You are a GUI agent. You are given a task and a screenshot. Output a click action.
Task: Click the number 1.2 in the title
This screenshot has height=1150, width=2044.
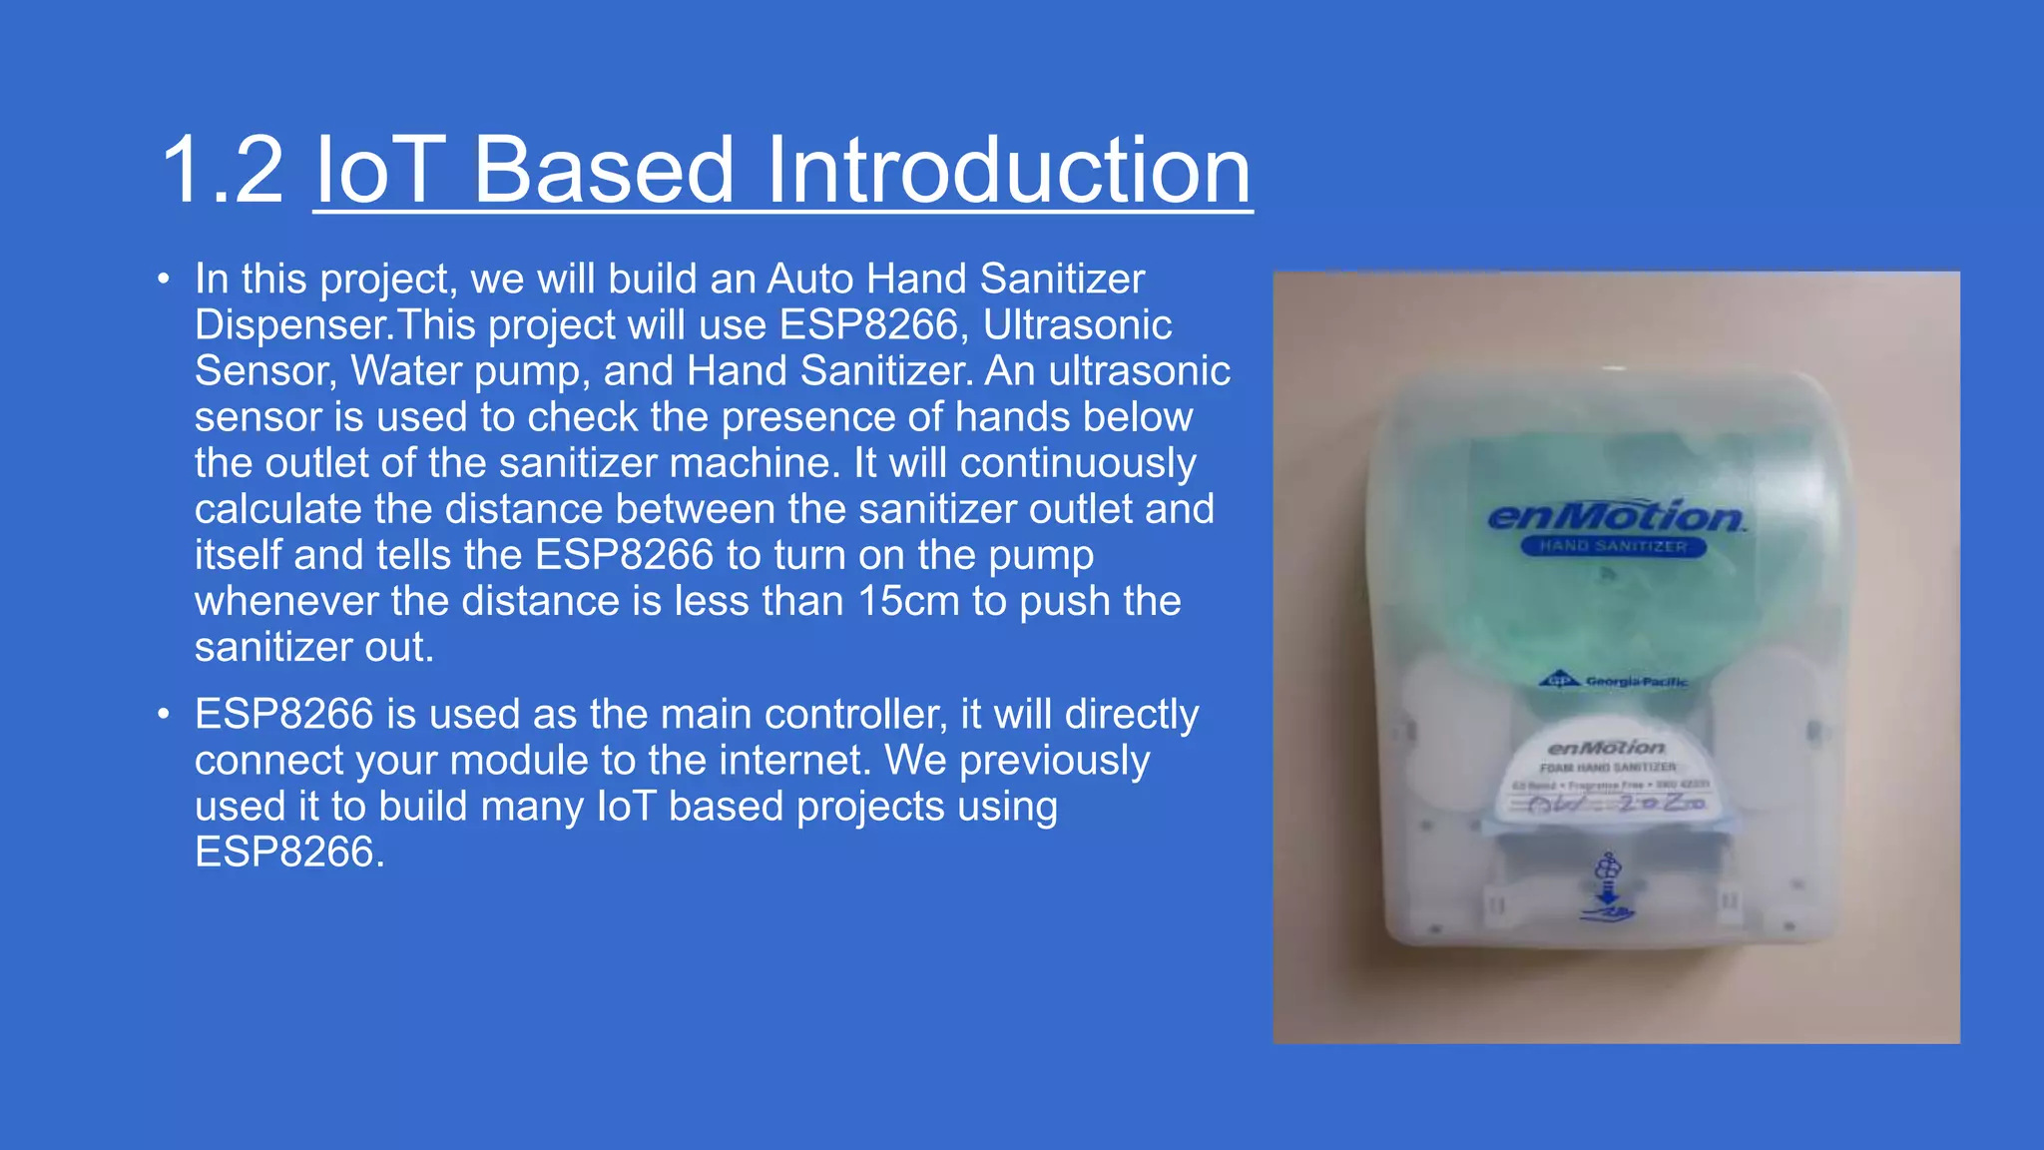click(222, 171)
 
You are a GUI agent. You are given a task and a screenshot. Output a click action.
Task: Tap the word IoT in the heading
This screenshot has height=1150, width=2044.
click(379, 171)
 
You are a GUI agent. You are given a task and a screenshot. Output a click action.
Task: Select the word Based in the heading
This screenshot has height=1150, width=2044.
click(604, 171)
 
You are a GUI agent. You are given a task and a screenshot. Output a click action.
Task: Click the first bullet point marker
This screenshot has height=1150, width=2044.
click(164, 280)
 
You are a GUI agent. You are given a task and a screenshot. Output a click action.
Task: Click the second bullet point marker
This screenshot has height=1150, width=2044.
click(164, 715)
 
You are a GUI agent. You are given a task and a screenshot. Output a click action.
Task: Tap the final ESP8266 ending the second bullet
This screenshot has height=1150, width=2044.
click(283, 853)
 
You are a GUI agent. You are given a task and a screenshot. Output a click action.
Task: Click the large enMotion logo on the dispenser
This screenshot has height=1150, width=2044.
click(1615, 516)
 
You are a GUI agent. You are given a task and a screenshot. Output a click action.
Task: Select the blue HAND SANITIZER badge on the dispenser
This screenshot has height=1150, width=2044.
click(1613, 546)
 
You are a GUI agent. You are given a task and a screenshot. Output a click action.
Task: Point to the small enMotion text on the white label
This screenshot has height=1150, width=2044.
click(1606, 747)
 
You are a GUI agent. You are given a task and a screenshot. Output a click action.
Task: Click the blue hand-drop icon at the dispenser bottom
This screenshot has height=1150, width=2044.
click(1607, 887)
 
